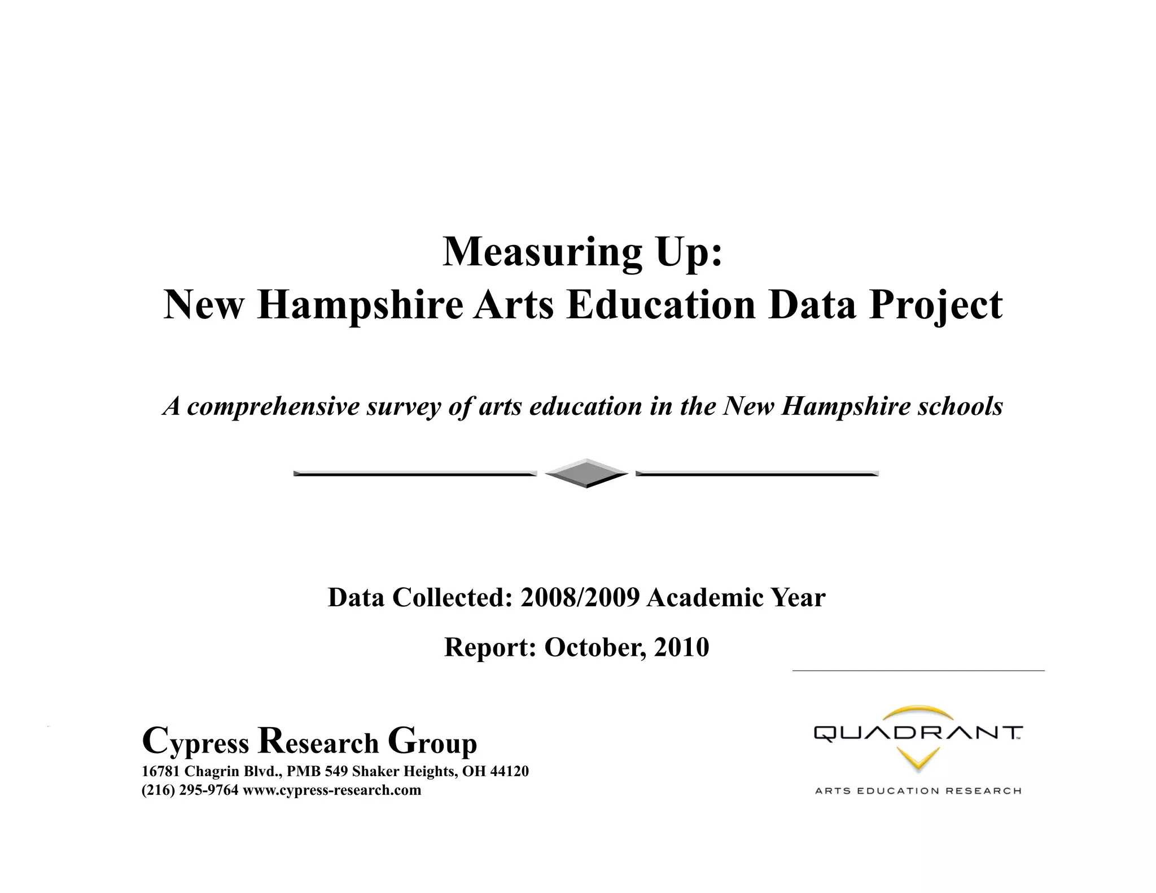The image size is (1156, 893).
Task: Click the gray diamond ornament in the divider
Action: [x=586, y=473]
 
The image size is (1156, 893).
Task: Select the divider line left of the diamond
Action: [x=415, y=474]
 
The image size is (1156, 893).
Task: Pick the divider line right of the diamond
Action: [x=757, y=474]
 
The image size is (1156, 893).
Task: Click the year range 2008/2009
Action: [x=580, y=598]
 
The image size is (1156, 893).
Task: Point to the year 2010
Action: [x=681, y=647]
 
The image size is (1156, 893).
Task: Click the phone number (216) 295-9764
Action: [x=190, y=790]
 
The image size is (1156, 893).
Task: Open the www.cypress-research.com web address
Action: [x=332, y=790]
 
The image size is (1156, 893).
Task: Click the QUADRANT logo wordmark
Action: [x=918, y=734]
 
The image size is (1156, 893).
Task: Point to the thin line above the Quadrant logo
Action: [x=918, y=671]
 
